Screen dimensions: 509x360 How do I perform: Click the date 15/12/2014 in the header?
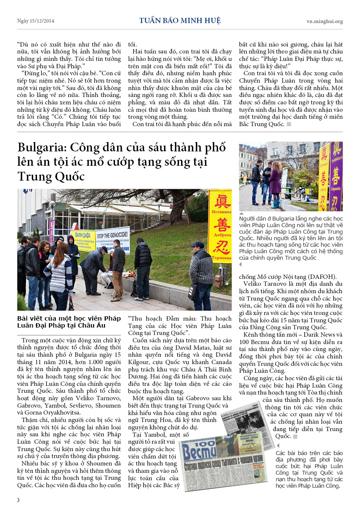coord(42,21)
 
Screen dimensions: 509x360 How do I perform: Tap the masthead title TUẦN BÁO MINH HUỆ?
coord(180,20)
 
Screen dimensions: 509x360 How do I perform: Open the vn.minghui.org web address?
coord(324,21)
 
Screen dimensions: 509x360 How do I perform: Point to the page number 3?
coord(18,500)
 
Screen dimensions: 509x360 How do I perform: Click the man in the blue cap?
coord(201,272)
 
